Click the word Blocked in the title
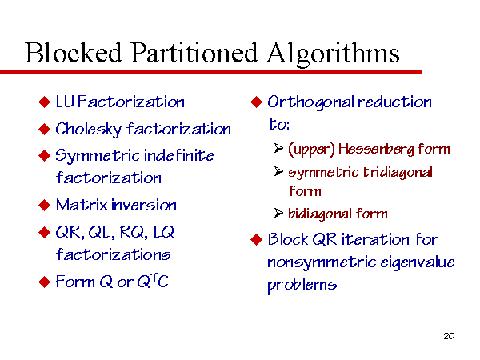pyautogui.click(x=73, y=52)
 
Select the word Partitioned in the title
pyautogui.click(x=194, y=52)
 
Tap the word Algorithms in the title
pyautogui.click(x=333, y=54)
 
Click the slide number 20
pyautogui.click(x=449, y=336)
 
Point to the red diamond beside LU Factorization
pyautogui.click(x=44, y=102)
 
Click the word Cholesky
pyautogui.click(x=88, y=130)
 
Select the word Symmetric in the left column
pyautogui.click(x=98, y=156)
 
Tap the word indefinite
pyautogui.click(x=178, y=155)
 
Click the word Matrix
pyautogui.click(x=82, y=205)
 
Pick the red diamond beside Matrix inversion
pyautogui.click(x=44, y=205)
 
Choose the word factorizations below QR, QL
pyautogui.click(x=113, y=254)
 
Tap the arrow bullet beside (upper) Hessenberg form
pyautogui.click(x=278, y=148)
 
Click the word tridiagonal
pyautogui.click(x=398, y=172)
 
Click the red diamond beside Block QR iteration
pyautogui.click(x=257, y=239)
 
